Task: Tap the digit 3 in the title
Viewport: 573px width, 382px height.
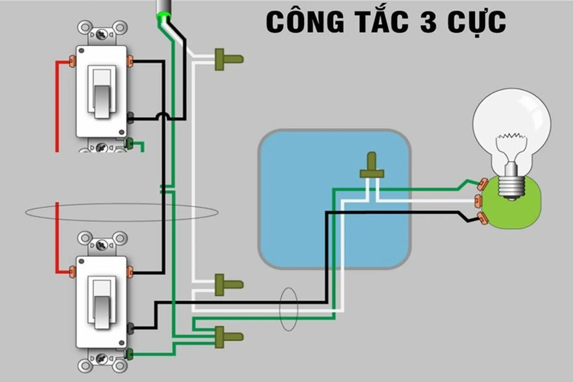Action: tap(429, 22)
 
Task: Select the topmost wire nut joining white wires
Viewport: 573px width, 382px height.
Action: tap(228, 59)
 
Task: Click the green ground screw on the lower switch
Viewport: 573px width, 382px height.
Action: tap(130, 354)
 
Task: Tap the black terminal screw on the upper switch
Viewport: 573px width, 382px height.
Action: tap(130, 118)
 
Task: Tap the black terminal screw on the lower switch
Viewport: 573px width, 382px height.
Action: tap(130, 328)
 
